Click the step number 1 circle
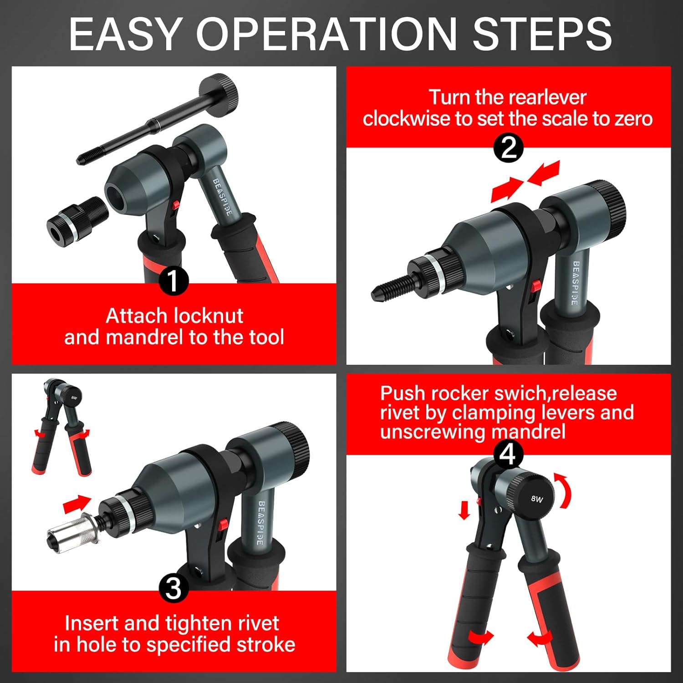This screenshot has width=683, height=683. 173,281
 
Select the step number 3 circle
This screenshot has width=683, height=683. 173,589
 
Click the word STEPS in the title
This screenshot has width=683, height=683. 542,34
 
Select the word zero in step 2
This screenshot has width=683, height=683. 633,119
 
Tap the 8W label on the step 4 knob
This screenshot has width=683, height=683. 537,499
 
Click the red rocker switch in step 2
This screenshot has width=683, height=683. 535,286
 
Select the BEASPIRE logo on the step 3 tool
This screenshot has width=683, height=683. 261,523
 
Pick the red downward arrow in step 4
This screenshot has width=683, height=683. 464,510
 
